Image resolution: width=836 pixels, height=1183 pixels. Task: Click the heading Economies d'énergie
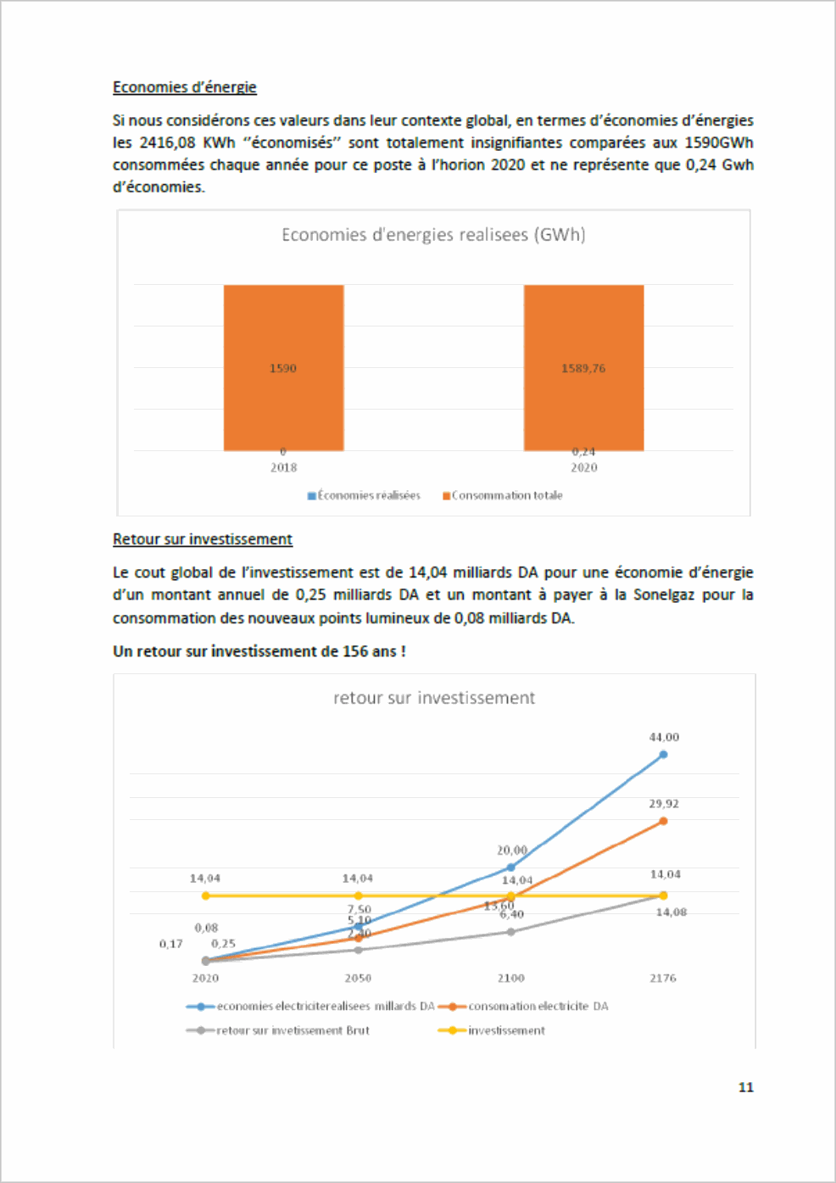pyautogui.click(x=184, y=87)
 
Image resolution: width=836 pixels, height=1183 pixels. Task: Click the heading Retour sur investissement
pyautogui.click(x=202, y=539)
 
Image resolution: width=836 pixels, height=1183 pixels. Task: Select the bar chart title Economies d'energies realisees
pyautogui.click(x=433, y=235)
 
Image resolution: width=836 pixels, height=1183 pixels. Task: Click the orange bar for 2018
pyautogui.click(x=283, y=367)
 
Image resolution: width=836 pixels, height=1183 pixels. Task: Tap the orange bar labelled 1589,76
pyautogui.click(x=583, y=367)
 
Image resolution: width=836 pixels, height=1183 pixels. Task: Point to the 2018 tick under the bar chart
pyautogui.click(x=283, y=467)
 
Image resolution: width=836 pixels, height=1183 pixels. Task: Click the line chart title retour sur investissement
pyautogui.click(x=433, y=698)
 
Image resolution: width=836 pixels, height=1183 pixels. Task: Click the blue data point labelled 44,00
pyautogui.click(x=663, y=754)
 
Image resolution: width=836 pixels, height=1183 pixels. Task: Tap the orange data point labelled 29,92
pyautogui.click(x=663, y=821)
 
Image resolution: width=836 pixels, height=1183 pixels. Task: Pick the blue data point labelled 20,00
pyautogui.click(x=510, y=867)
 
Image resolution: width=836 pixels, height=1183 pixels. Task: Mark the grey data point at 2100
pyautogui.click(x=510, y=932)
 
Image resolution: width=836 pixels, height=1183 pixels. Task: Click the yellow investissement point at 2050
pyautogui.click(x=358, y=896)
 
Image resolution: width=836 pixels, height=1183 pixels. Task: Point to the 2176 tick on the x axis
pyautogui.click(x=663, y=978)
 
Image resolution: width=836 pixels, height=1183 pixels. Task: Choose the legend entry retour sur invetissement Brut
pyautogui.click(x=293, y=1030)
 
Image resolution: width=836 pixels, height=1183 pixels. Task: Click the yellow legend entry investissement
pyautogui.click(x=506, y=1030)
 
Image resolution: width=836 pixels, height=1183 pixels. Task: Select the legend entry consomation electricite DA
pyautogui.click(x=538, y=1007)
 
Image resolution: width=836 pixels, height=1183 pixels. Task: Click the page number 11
pyautogui.click(x=746, y=1087)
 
